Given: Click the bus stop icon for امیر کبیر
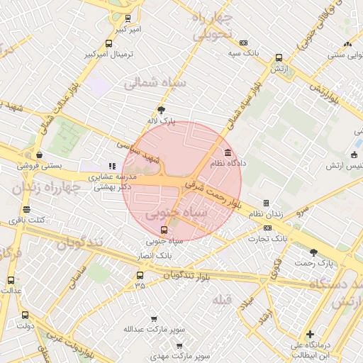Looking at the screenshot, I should pyautogui.click(x=128, y=18).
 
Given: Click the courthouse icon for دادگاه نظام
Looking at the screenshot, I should pyautogui.click(x=228, y=152).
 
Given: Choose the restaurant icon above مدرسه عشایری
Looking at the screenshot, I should pyautogui.click(x=111, y=166).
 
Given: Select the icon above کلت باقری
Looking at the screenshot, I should pyautogui.click(x=27, y=209).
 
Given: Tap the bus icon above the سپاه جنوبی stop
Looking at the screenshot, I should pyautogui.click(x=164, y=230).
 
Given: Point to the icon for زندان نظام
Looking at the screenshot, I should pyautogui.click(x=267, y=203).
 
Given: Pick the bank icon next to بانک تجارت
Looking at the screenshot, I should pyautogui.click(x=267, y=228).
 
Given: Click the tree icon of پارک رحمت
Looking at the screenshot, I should pyautogui.click(x=313, y=252).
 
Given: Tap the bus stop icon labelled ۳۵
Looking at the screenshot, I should pyautogui.click(x=140, y=275).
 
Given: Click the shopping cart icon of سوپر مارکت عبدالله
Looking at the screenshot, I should pyautogui.click(x=155, y=319).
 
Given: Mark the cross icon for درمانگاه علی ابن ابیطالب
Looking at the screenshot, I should pyautogui.click(x=310, y=334).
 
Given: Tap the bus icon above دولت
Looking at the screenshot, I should pyautogui.click(x=26, y=315).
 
